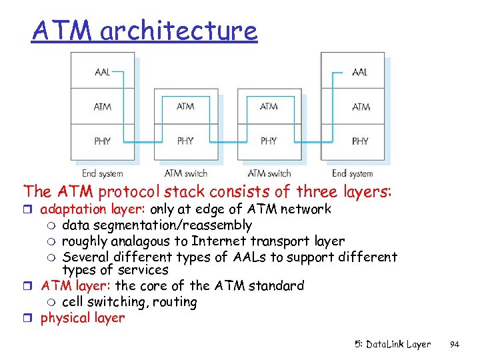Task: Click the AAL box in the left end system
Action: click(x=103, y=71)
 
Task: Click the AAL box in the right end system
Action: click(x=353, y=71)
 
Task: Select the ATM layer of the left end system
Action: click(x=103, y=106)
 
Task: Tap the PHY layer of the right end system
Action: click(x=353, y=141)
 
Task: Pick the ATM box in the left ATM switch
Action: click(x=185, y=106)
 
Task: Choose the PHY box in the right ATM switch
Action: click(x=269, y=141)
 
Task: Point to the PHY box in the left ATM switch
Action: click(x=185, y=141)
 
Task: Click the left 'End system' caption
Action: click(x=102, y=173)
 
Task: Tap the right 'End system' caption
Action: click(x=353, y=173)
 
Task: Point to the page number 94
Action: click(x=455, y=345)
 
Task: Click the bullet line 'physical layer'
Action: click(x=83, y=317)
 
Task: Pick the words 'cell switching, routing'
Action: click(x=129, y=301)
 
